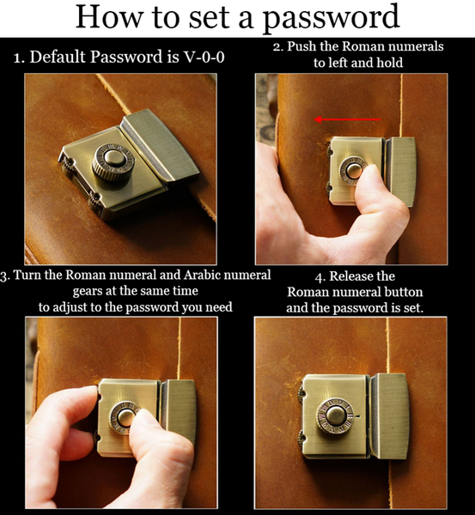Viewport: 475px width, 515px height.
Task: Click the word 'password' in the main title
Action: pos(331,17)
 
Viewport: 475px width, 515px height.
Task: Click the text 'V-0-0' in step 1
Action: pos(204,57)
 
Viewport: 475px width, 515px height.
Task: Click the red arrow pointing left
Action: pos(347,119)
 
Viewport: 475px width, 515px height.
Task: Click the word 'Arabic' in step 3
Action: pos(202,275)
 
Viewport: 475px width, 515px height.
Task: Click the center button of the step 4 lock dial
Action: pos(335,415)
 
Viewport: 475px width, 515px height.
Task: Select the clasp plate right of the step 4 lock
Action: pos(389,416)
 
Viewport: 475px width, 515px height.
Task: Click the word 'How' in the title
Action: pos(109,17)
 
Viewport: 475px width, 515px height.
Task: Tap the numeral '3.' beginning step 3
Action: pos(5,276)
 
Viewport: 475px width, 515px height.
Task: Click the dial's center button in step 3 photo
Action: pos(125,417)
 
